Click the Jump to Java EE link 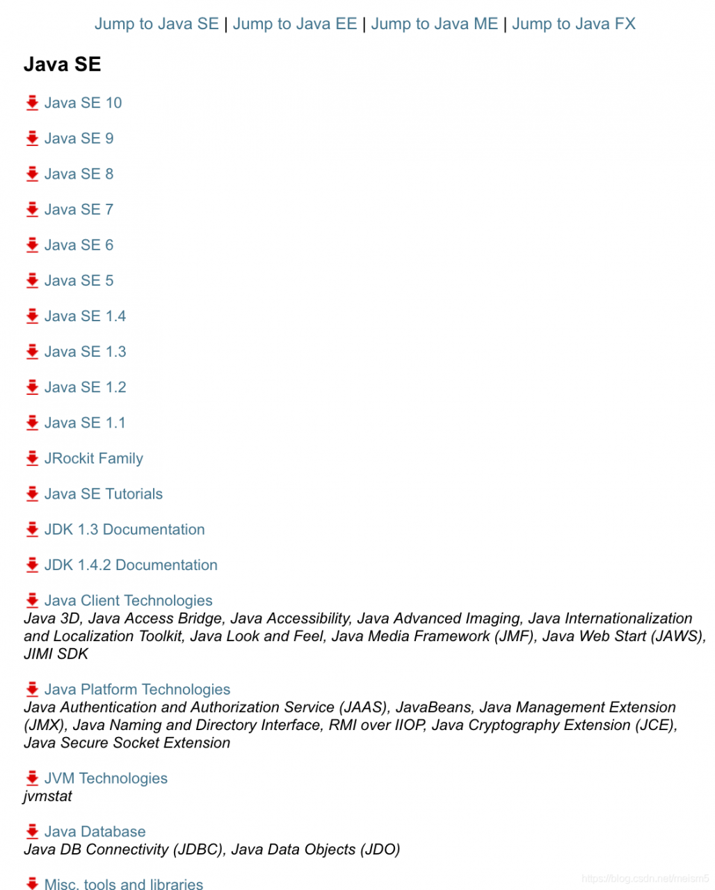click(294, 24)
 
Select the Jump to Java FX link click(573, 24)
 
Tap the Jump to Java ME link click(434, 24)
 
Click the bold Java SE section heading click(62, 65)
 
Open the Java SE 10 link click(83, 103)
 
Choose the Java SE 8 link click(79, 174)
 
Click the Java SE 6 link click(79, 245)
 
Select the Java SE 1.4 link click(85, 316)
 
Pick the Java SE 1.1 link click(85, 423)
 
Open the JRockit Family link click(93, 458)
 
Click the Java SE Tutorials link click(103, 494)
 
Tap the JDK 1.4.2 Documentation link click(131, 565)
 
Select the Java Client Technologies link click(128, 601)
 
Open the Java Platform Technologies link click(137, 690)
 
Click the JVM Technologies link click(106, 779)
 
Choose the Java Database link click(95, 832)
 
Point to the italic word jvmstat click(47, 796)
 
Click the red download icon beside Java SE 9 click(32, 138)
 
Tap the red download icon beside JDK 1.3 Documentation click(32, 530)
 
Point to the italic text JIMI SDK click(56, 654)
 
